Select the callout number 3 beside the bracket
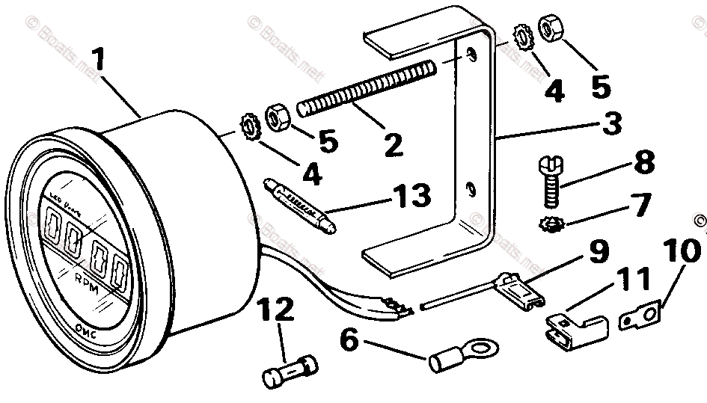[x=612, y=124]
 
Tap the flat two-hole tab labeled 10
[x=643, y=315]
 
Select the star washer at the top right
[x=522, y=39]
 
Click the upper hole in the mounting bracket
[x=470, y=54]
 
